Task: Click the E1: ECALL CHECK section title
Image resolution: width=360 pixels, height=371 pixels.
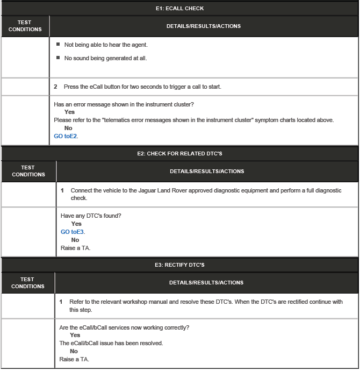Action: (179, 9)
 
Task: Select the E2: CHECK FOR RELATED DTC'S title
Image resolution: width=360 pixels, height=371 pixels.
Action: (179, 154)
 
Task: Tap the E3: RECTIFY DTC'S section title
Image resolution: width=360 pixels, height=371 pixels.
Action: (179, 265)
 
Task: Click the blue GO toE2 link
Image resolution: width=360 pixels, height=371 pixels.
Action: (66, 136)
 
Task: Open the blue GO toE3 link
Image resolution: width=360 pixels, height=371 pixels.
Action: (73, 232)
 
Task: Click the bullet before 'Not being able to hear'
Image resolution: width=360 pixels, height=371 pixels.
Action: (58, 44)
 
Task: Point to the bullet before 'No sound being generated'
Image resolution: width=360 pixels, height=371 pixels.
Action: (58, 58)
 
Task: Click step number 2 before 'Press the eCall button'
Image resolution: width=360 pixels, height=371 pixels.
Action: (56, 87)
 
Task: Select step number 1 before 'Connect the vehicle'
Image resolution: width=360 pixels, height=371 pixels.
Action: (62, 191)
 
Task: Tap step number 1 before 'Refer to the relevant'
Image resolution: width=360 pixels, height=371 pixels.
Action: (61, 302)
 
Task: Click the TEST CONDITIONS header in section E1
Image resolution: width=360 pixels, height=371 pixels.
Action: (25, 26)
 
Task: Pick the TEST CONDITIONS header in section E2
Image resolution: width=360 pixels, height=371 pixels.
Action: (28, 171)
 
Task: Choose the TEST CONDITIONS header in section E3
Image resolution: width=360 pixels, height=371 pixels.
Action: (27, 282)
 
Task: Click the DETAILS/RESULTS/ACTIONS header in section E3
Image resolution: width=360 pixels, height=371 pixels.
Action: (206, 282)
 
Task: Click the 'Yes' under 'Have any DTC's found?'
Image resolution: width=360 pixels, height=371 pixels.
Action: (76, 224)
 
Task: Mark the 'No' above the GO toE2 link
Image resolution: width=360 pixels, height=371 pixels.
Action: (68, 128)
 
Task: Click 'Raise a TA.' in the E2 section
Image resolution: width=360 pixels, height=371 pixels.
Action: (75, 248)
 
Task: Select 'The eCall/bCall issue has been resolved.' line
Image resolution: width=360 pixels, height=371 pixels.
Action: (111, 343)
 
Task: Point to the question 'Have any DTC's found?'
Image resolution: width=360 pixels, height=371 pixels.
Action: (91, 216)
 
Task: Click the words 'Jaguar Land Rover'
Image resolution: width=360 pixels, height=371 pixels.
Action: (159, 191)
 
